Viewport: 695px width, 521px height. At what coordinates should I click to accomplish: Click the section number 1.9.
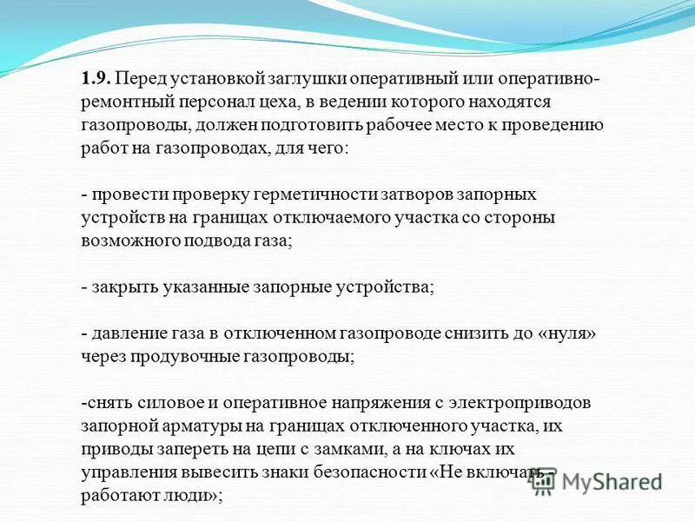(95, 77)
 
